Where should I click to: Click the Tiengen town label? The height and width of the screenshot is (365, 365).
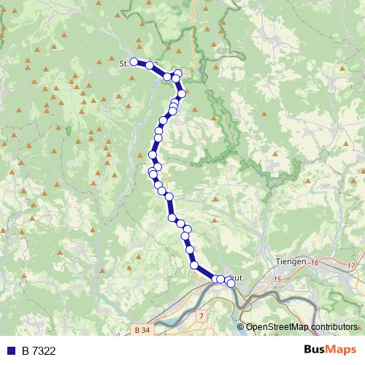291,261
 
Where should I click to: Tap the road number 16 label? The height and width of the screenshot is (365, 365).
316,262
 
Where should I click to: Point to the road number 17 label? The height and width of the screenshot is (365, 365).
351,265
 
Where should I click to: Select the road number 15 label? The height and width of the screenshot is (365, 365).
277,279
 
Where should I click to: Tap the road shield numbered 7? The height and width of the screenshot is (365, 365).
201,315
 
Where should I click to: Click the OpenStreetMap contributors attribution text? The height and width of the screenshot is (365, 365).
301,327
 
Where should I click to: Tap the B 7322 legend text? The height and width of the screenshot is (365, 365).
39,351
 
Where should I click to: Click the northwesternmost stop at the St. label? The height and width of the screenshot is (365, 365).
134,62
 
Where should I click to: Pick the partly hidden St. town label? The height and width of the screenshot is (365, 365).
123,64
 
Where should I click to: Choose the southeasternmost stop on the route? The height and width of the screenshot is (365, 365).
231,283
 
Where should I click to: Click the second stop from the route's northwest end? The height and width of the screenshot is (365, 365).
150,65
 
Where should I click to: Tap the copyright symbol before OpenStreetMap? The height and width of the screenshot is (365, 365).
240,327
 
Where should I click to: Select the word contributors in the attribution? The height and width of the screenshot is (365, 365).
334,327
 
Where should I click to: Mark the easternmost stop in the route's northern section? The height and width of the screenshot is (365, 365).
182,93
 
